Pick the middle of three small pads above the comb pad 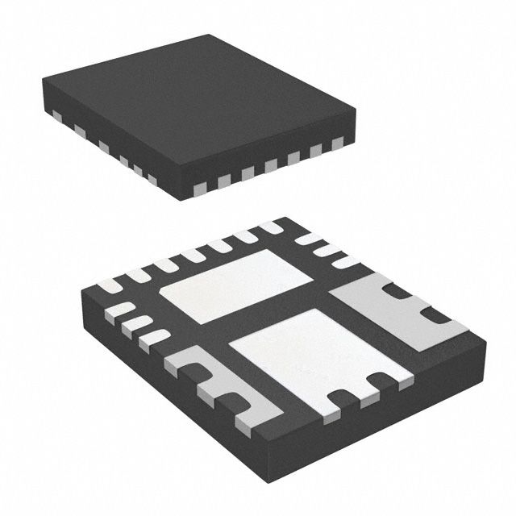(x=137, y=326)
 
